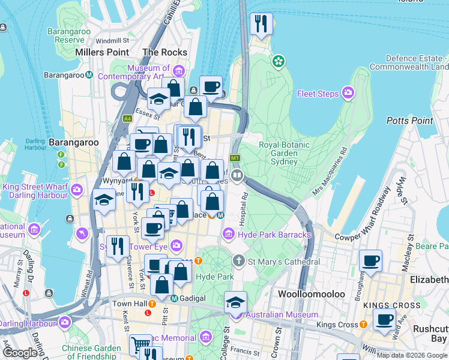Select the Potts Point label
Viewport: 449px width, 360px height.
(x=410, y=121)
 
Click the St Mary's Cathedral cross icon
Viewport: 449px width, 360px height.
(x=238, y=261)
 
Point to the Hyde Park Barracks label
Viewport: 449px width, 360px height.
(x=274, y=234)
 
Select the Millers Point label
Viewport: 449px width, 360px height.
(x=102, y=52)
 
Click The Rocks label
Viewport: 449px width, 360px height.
(x=164, y=52)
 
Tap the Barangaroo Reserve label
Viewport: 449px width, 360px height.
(x=70, y=35)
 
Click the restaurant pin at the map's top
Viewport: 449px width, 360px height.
(x=261, y=24)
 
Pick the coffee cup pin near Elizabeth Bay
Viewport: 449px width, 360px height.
(x=370, y=261)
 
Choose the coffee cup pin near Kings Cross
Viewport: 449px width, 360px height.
(x=384, y=319)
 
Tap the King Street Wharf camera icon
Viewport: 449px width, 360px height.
(x=77, y=190)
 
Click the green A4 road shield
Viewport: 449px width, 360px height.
(x=127, y=119)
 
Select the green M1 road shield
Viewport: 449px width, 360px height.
(x=235, y=158)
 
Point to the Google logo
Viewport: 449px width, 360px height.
(x=20, y=353)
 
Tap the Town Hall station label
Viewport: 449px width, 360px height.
(x=130, y=304)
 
